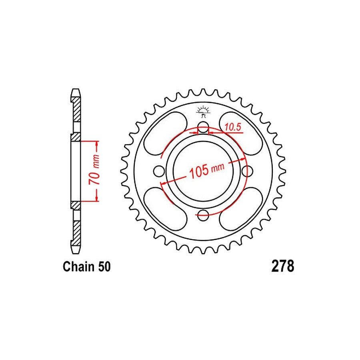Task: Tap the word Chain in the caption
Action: pos(78,267)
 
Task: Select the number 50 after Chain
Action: pos(102,267)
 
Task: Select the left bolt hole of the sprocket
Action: pos(160,171)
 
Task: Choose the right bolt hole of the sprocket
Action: pos(247,171)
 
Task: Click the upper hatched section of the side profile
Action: pos(76,110)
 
